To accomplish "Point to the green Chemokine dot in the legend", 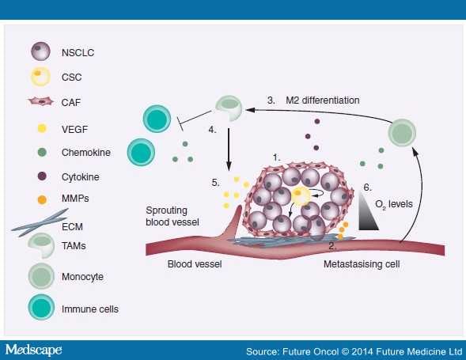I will [40, 153].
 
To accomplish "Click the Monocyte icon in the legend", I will [40, 278].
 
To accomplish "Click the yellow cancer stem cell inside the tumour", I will [299, 193].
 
